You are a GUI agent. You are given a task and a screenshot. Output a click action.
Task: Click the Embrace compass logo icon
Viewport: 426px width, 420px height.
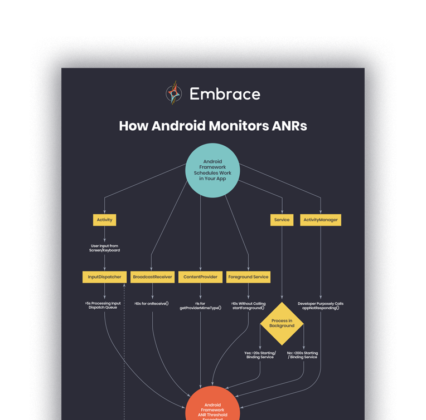[175, 93]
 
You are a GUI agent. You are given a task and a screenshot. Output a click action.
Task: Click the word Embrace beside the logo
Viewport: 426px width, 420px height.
[225, 94]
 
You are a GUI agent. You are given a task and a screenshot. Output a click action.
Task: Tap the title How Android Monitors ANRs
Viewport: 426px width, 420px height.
[213, 126]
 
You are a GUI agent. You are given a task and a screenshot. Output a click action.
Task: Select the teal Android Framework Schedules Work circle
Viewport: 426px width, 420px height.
[212, 170]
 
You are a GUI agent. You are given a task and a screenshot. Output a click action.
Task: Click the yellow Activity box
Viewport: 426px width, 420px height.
[104, 220]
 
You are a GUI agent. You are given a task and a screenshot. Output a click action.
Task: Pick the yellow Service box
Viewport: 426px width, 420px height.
[282, 220]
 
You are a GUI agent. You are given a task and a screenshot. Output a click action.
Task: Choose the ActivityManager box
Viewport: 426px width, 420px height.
[321, 220]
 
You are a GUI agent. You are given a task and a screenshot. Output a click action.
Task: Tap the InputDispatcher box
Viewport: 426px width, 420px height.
[104, 276]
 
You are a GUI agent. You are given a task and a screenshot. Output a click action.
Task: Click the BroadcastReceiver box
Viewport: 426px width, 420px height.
[153, 276]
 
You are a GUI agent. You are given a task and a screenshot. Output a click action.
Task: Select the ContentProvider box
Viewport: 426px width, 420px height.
[200, 276]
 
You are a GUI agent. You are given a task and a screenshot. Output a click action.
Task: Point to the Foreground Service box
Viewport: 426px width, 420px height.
[248, 276]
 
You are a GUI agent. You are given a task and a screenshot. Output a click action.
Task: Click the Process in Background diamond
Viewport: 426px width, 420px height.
[282, 323]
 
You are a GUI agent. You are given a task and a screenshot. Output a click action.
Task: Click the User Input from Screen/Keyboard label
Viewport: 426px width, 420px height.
[105, 248]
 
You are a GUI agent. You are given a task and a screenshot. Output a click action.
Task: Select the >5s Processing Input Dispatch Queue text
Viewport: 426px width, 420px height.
[103, 305]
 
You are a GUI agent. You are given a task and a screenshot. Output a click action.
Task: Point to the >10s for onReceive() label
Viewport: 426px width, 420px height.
[152, 304]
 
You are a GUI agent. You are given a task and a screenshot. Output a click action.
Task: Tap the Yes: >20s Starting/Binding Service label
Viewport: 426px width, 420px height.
[260, 355]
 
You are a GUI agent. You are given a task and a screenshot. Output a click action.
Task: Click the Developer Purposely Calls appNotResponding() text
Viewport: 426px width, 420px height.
[321, 305]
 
